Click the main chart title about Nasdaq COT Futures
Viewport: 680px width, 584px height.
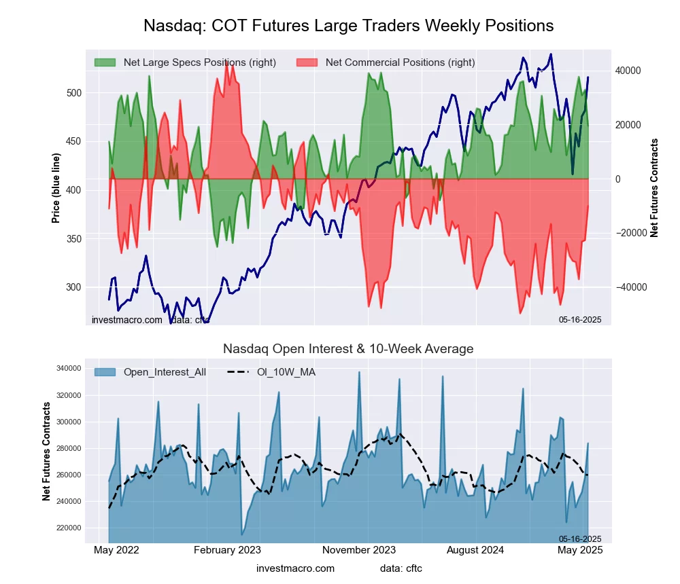[348, 26]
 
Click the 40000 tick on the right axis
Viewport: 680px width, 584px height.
[628, 71]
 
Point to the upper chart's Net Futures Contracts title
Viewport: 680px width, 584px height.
[654, 187]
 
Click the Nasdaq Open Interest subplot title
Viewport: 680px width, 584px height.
[348, 349]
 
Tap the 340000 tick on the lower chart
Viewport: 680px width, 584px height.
[68, 369]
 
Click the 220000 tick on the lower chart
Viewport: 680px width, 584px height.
[68, 528]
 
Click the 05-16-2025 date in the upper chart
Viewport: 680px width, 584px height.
[580, 319]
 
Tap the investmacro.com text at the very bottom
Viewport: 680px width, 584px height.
[295, 568]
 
